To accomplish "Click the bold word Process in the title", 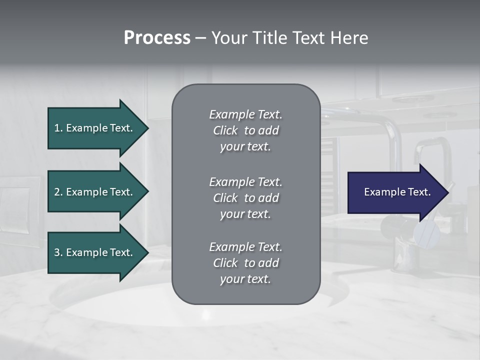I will point(157,38).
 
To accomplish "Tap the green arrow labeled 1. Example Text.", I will point(95,128).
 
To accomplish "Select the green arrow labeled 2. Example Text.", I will point(95,192).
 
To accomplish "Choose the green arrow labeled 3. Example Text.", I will point(95,252).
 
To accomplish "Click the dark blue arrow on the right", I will point(395,192).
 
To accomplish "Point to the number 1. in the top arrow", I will point(58,128).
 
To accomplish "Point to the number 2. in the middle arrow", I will point(58,192).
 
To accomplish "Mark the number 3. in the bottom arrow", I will point(58,252).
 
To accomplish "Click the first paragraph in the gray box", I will point(245,130).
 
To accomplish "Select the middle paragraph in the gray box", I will point(245,197).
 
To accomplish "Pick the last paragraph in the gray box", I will point(245,263).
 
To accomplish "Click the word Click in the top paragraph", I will point(225,130).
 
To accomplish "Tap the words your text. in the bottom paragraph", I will point(245,279).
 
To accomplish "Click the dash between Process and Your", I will point(200,38).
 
